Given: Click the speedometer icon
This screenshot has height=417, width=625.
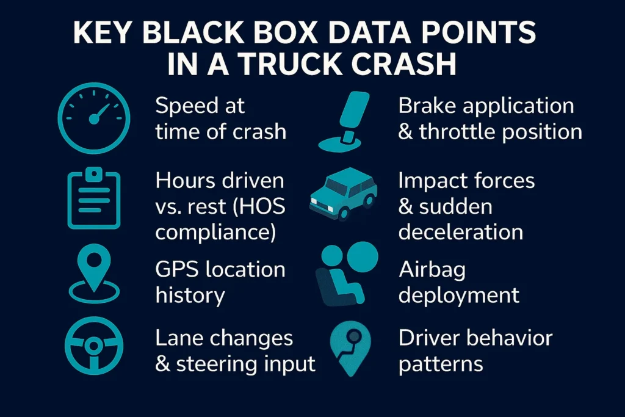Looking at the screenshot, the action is pyautogui.click(x=94, y=118).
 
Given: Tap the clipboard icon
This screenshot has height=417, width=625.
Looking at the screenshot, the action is pyautogui.click(x=94, y=198).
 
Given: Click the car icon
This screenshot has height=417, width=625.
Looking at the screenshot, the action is pyautogui.click(x=344, y=194).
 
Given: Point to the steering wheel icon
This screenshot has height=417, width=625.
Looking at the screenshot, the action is pyautogui.click(x=94, y=346).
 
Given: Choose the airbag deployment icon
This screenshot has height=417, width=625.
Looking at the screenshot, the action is pyautogui.click(x=347, y=274).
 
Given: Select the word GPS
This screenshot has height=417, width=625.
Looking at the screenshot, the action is pyautogui.click(x=176, y=269).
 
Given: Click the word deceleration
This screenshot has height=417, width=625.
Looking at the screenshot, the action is pyautogui.click(x=461, y=232).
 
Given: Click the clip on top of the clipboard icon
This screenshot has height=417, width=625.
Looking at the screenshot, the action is pyautogui.click(x=94, y=174).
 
